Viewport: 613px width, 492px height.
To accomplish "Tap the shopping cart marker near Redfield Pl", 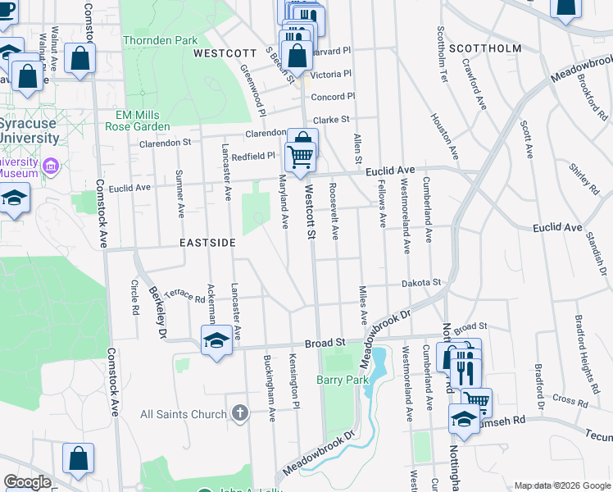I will (301, 155).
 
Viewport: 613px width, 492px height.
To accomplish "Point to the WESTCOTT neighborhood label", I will (220, 53).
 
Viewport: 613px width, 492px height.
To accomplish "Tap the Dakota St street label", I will (421, 283).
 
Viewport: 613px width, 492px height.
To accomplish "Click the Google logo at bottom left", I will (27, 481).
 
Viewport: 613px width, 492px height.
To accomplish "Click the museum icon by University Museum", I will (51, 166).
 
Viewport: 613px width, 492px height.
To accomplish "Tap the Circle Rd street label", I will (134, 290).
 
